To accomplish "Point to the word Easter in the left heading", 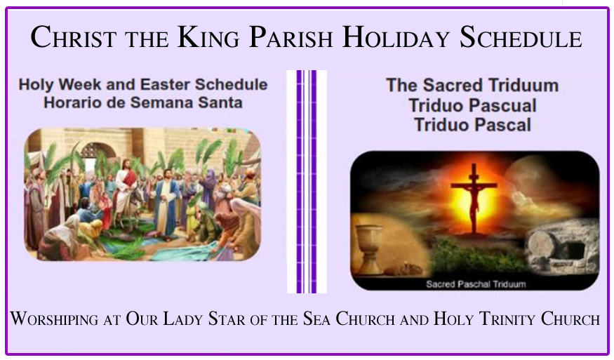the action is coord(165,85).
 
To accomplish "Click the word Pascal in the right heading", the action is coord(503,125).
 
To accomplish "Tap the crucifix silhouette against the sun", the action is coord(474,198).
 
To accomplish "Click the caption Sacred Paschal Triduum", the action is coord(476,284).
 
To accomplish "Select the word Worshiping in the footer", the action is coord(55,318).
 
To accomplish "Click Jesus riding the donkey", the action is coord(126,188).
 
